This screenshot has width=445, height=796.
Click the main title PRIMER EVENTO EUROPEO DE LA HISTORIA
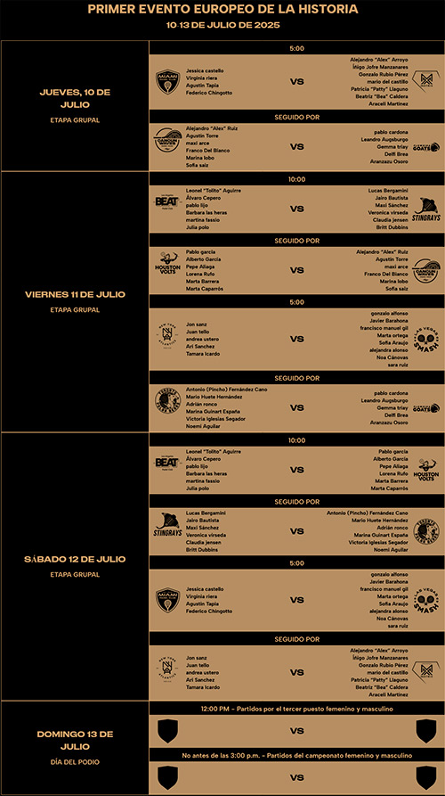pos(223,9)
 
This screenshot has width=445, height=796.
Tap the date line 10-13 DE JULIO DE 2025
pos(222,25)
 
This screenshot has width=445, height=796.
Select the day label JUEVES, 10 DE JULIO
pos(75,97)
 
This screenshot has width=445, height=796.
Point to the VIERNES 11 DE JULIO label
pos(75,293)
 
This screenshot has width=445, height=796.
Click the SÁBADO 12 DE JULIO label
pos(75,558)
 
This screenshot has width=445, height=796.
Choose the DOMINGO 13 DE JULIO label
pos(75,739)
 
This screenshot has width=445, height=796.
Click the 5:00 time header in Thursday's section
pos(297,47)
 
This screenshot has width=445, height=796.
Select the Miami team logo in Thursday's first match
pos(167,82)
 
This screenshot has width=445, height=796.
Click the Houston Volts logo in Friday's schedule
pos(167,271)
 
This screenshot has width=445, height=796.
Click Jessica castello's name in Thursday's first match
pos(205,69)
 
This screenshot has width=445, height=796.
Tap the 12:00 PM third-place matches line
pos(297,709)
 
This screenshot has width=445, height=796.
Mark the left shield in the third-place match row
pos(167,731)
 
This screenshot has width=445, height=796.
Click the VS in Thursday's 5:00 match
pos(297,82)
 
